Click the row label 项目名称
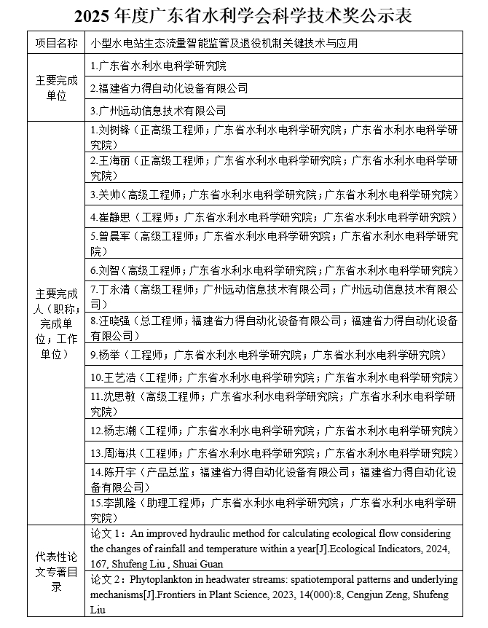[x=56, y=44]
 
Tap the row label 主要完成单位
[x=56, y=87]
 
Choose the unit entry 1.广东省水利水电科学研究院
[x=158, y=66]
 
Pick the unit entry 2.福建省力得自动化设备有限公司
[x=168, y=88]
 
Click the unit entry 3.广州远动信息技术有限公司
[x=158, y=111]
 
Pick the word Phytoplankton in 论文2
[x=160, y=580]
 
